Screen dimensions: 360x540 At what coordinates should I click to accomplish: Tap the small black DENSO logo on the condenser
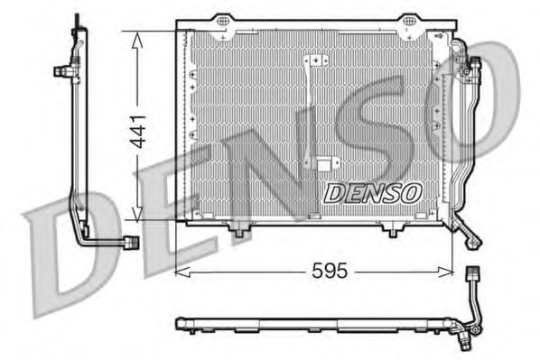coord(372,191)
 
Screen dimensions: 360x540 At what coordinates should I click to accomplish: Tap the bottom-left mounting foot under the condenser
coord(239,233)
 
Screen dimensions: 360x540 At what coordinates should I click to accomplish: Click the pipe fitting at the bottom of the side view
coord(132,243)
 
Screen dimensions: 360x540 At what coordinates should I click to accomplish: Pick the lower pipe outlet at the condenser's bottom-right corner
coord(471,238)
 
